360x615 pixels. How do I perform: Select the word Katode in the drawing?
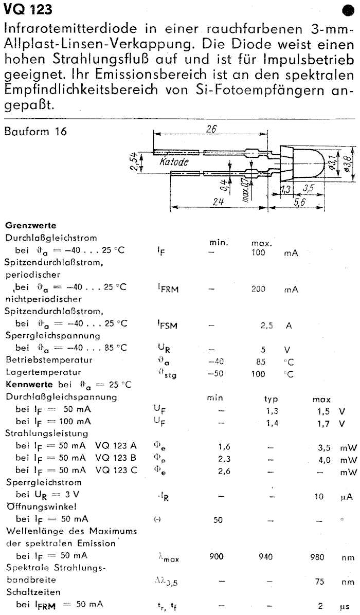(173, 162)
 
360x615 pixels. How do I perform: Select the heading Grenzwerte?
(30, 225)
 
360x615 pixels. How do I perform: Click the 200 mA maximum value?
(259, 290)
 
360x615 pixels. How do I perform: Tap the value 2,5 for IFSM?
(266, 325)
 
